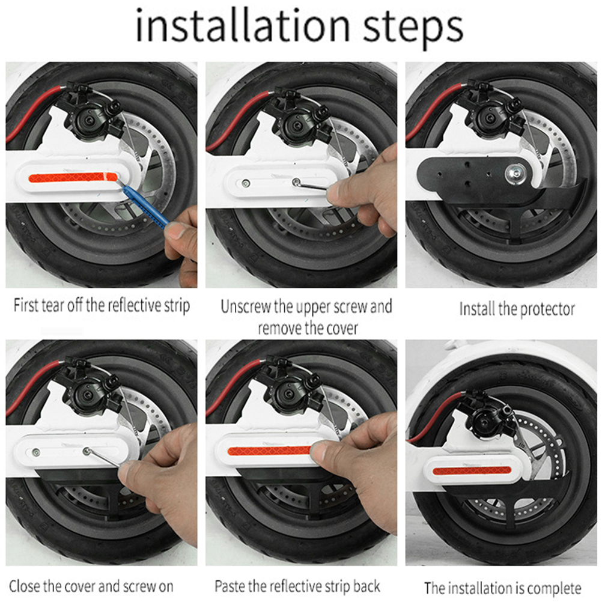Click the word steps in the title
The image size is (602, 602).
413,28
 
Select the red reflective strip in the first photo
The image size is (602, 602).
73,177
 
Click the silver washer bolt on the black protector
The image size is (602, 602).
516,173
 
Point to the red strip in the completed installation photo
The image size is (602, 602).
472,470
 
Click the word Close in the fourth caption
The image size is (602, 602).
25,586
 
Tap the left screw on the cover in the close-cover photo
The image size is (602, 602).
35,452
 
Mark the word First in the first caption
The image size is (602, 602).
26,306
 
